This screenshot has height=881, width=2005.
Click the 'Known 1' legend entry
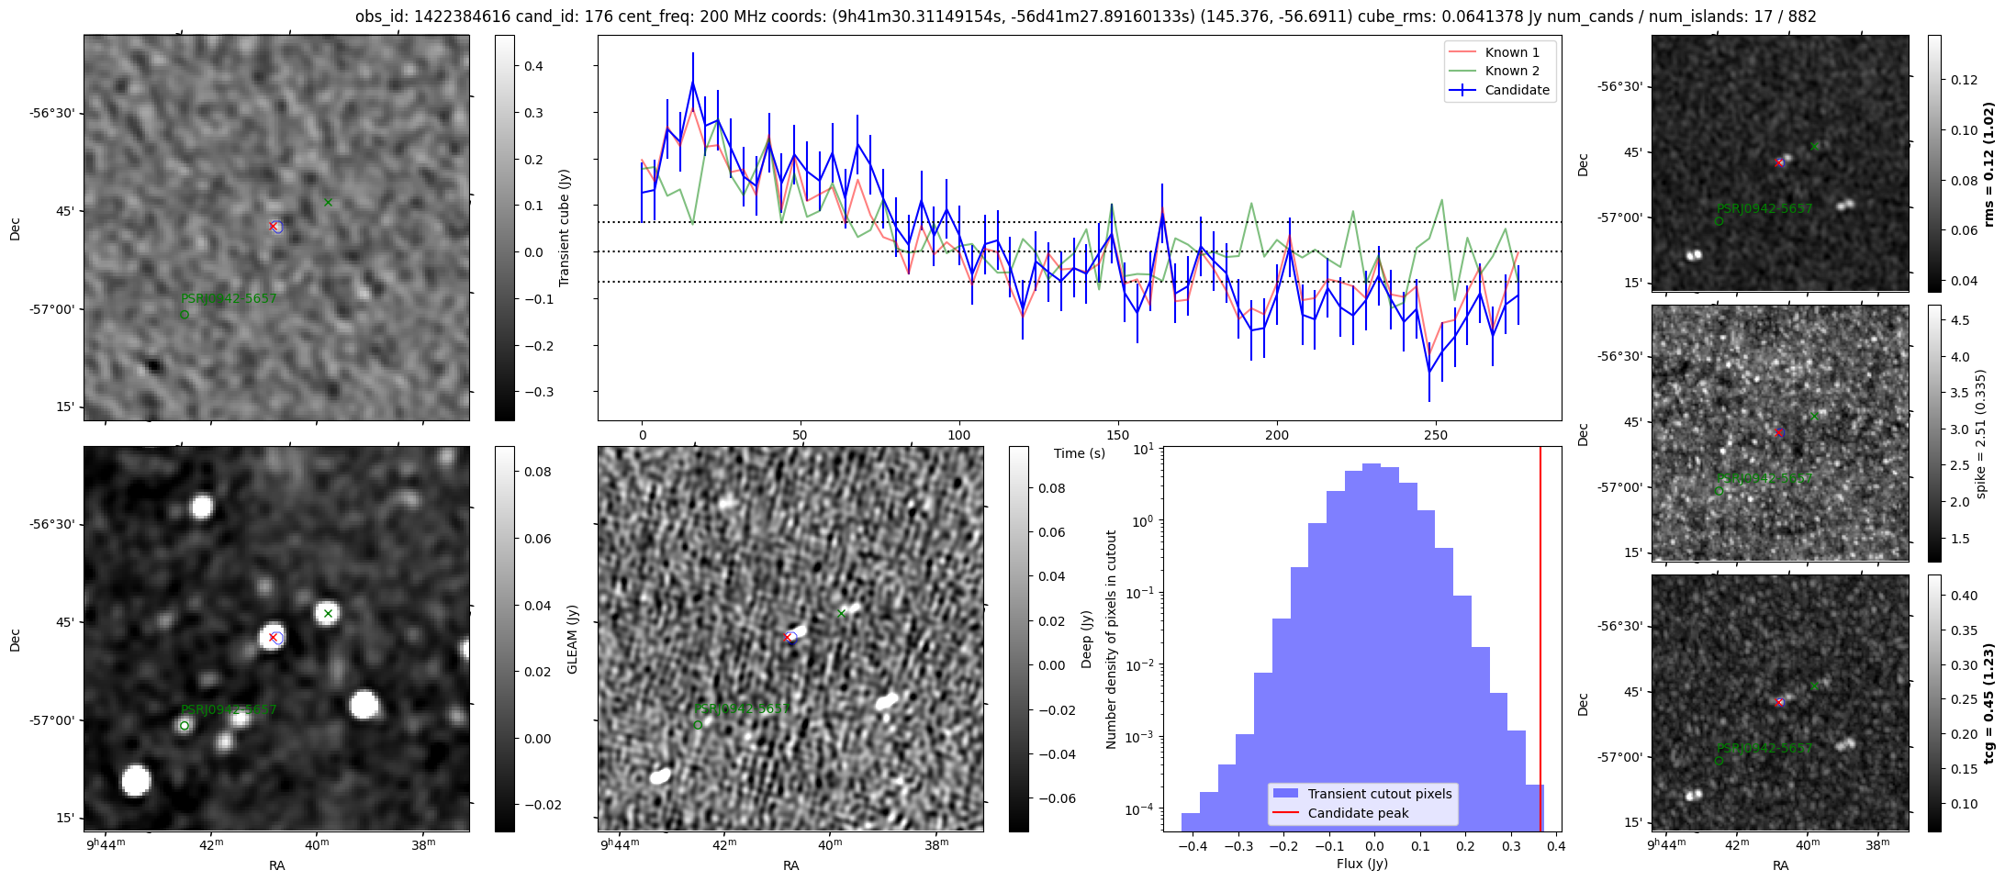coord(1512,52)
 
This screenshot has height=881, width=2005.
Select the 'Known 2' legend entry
coord(1512,71)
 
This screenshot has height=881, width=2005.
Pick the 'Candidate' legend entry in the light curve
coord(1517,90)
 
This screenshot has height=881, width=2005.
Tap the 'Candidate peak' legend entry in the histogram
coord(1358,813)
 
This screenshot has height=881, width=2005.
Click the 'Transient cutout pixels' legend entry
coord(1380,794)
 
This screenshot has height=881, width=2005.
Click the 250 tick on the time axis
coord(1435,435)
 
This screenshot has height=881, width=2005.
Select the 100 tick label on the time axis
coord(959,435)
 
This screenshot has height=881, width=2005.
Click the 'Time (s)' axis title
coord(1080,453)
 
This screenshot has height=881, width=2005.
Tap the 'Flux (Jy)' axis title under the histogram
coord(1362,864)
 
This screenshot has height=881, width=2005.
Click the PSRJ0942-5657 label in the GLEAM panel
coord(229,709)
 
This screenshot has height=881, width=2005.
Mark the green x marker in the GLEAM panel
coord(328,613)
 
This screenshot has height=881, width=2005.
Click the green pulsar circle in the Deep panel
coord(698,725)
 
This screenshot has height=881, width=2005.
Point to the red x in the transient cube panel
coord(273,226)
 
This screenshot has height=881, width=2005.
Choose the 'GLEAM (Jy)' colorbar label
coord(572,639)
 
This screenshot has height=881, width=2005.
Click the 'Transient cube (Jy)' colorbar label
coord(564,228)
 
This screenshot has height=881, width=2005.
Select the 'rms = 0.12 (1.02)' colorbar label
coord(1988,164)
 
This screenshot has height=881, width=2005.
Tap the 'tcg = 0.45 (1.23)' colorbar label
coord(1988,703)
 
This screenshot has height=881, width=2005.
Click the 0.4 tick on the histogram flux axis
coord(1555,846)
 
